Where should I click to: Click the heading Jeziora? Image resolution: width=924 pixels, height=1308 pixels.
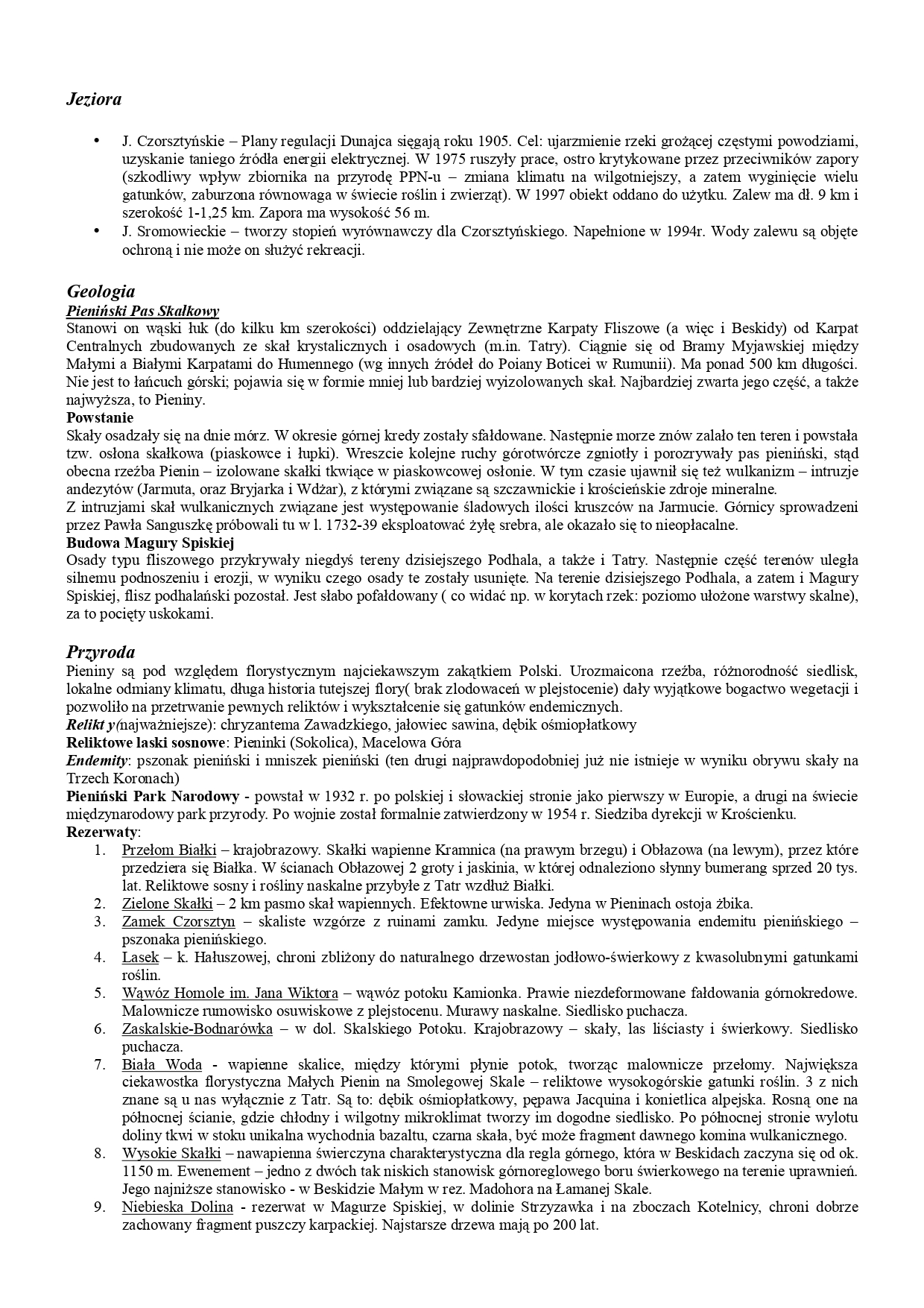(94, 99)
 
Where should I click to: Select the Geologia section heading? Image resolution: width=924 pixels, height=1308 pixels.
(101, 291)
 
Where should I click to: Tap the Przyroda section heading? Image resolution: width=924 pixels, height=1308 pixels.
(101, 652)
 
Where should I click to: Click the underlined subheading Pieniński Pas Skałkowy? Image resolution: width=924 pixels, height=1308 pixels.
(142, 312)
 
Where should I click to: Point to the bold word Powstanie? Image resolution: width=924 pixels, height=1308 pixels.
(100, 417)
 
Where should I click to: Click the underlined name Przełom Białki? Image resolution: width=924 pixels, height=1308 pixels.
(169, 850)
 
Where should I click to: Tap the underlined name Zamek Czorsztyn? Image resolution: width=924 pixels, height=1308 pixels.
(179, 921)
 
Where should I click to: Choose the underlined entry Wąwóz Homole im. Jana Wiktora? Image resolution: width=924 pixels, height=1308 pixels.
(230, 993)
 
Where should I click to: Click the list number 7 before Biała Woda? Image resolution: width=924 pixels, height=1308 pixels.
(98, 1064)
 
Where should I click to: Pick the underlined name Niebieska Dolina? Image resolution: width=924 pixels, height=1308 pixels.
(177, 1207)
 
